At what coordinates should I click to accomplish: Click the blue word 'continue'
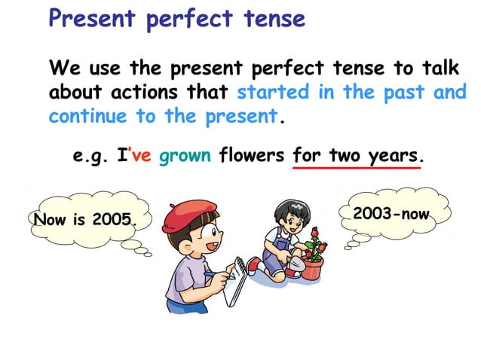click(x=88, y=117)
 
